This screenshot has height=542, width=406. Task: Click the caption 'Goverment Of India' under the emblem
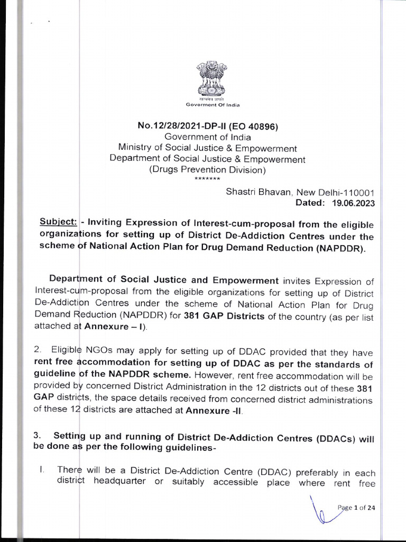coord(213,105)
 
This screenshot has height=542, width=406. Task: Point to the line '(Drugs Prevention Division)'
coord(207,170)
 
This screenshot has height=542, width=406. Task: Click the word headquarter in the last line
coord(119,483)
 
